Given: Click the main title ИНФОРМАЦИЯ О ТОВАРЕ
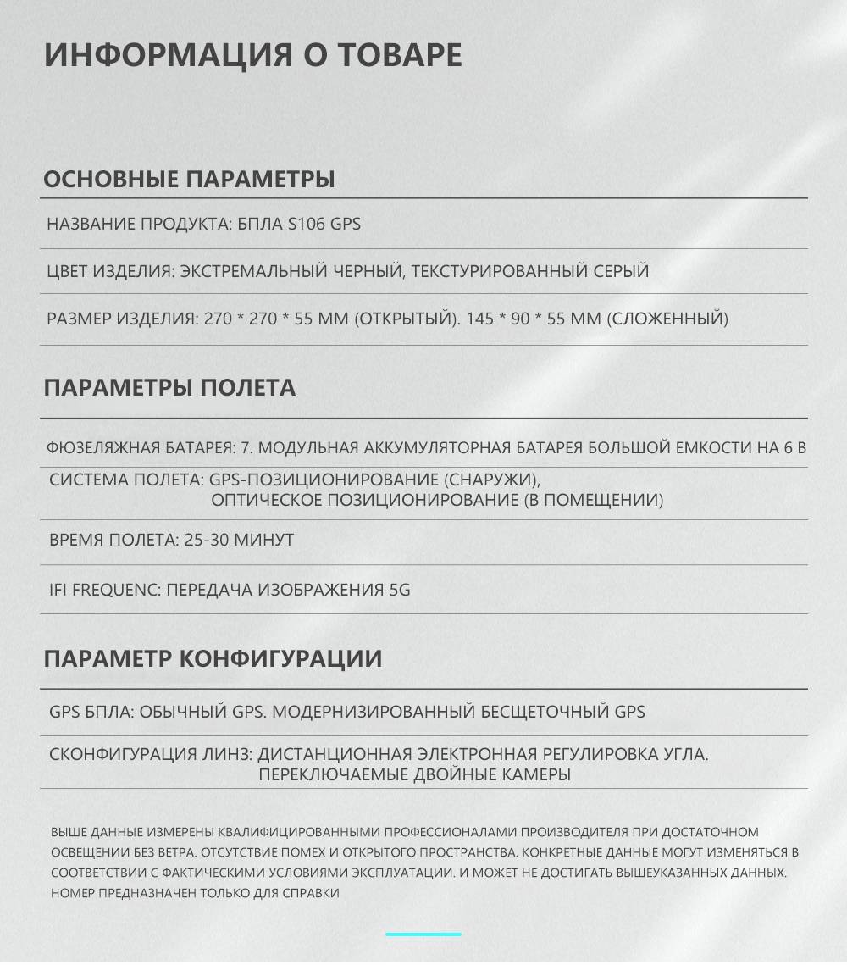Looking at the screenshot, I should [252, 54].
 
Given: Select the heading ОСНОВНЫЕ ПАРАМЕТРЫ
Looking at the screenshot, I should [189, 180].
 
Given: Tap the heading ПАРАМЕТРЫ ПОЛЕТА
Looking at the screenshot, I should [169, 388].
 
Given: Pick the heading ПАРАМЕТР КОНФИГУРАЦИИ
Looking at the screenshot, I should [213, 658].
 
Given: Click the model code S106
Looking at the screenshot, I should [307, 225].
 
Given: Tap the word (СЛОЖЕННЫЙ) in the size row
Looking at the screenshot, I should [668, 319].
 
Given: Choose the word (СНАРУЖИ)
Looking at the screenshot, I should [491, 480].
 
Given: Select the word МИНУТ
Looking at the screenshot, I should [265, 540].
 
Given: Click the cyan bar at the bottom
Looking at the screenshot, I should [423, 934].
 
